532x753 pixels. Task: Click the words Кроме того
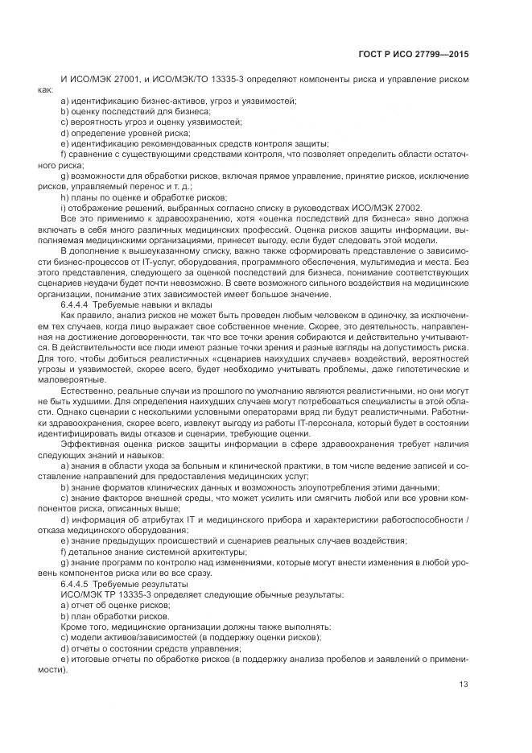(84, 626)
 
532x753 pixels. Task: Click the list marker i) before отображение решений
(64, 208)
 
